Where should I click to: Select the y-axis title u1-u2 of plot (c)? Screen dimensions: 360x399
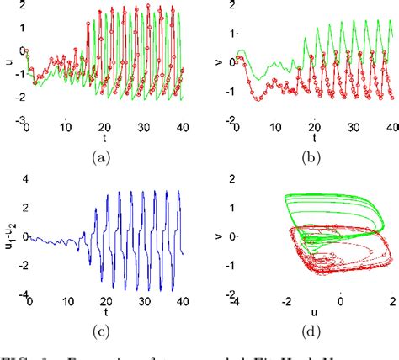point(8,237)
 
